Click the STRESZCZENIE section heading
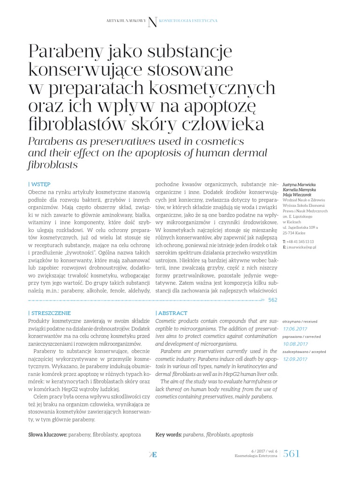tap(50, 313)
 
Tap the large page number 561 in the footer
tap(291, 453)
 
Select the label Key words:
tap(168, 435)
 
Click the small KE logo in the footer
tap(152, 454)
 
